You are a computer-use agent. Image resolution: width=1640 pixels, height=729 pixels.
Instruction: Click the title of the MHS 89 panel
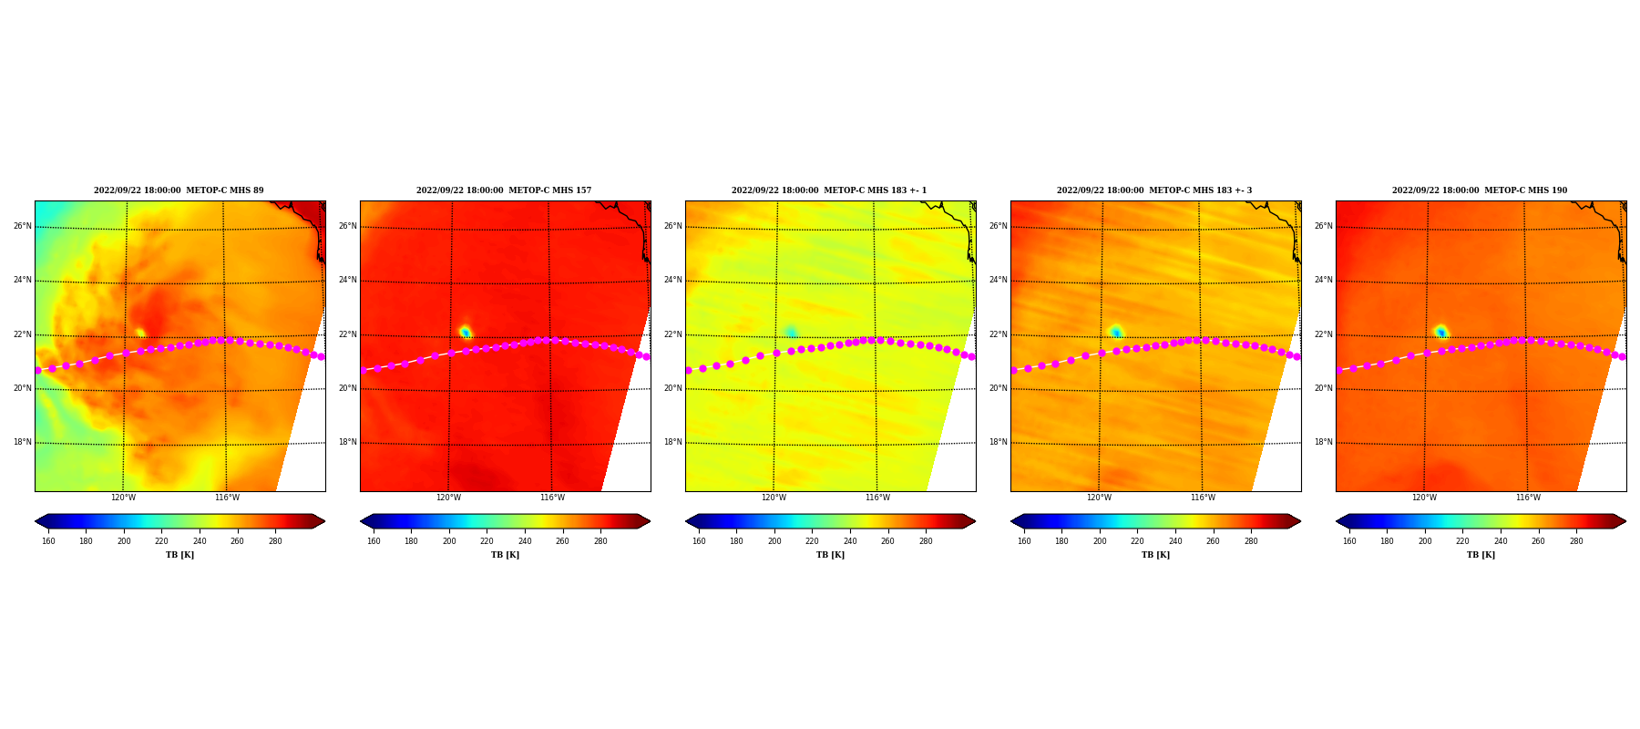[x=179, y=190]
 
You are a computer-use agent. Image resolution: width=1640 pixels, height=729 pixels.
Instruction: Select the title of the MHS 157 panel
[x=504, y=190]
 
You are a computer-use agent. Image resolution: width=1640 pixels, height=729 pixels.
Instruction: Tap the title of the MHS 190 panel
[x=1480, y=190]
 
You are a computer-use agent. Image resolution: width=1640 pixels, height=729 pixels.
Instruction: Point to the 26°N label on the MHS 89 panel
[x=22, y=226]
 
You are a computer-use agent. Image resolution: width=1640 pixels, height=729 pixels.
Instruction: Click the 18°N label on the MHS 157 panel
[x=347, y=442]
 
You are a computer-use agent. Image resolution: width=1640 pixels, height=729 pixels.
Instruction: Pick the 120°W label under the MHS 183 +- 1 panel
[x=774, y=498]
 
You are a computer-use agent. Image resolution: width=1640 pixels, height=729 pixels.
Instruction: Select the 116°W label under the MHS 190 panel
[x=1528, y=498]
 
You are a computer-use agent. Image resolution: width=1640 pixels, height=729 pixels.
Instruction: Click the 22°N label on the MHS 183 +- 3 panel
[x=998, y=334]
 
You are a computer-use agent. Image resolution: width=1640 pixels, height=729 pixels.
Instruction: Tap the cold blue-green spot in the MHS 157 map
[x=465, y=332]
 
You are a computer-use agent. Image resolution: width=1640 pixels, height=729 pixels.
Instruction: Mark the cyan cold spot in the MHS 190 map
[x=1440, y=332]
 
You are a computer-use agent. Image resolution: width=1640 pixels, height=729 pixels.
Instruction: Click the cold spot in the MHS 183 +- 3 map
[x=1115, y=332]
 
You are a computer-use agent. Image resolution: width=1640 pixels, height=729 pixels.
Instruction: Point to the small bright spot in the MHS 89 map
[x=140, y=333]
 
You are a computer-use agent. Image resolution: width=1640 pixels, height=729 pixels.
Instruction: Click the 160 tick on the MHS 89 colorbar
[x=48, y=541]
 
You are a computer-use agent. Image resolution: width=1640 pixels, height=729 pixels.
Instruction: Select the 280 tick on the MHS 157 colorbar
[x=600, y=541]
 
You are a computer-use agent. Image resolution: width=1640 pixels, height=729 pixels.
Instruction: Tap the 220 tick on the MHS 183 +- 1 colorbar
[x=812, y=541]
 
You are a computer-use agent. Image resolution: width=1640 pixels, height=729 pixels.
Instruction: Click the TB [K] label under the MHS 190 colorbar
[x=1481, y=555]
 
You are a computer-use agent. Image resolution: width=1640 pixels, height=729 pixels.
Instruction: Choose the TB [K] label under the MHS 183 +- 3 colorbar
[x=1155, y=555]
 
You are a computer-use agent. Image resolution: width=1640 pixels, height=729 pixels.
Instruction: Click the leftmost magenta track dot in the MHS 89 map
[x=37, y=370]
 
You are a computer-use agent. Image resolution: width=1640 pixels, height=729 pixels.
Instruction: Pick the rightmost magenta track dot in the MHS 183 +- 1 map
[x=972, y=356]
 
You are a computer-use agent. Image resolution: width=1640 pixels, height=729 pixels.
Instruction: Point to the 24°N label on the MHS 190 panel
[x=1323, y=280]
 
